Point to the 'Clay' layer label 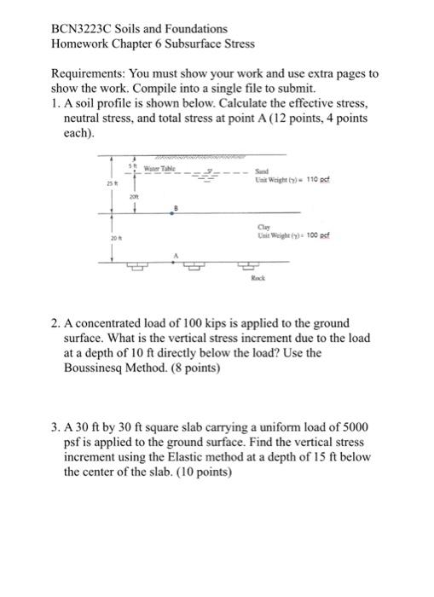pos(262,225)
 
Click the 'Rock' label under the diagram pos(258,278)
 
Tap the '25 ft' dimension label pos(111,184)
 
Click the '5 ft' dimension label pos(133,163)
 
